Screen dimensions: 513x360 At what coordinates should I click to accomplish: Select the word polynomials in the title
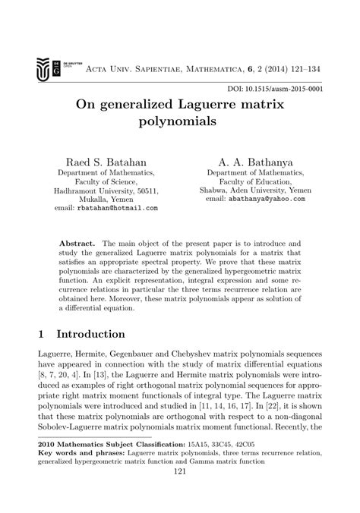pos(180,121)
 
